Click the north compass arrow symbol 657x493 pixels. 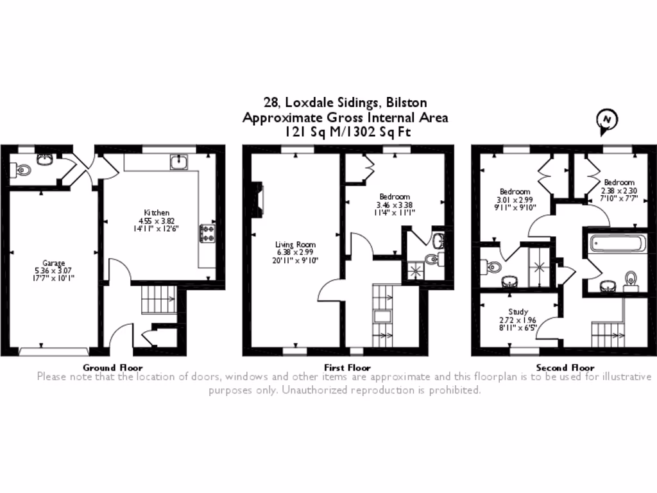606,121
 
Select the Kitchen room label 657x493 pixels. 157,212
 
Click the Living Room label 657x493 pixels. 296,245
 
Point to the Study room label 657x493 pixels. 518,312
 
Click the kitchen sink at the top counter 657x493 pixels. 178,162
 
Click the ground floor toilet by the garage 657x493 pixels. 21,171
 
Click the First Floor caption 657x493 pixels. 347,368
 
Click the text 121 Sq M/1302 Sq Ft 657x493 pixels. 345,132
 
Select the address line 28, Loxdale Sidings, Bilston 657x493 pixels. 345,102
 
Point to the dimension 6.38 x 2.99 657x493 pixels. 296,252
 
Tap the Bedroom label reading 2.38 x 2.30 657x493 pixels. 619,190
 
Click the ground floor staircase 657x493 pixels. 158,298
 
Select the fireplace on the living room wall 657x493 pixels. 258,198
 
